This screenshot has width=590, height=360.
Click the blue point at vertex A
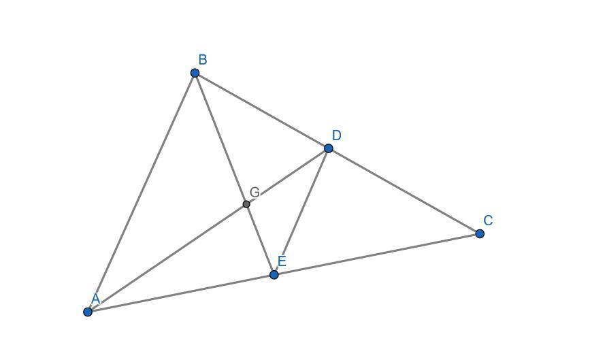click(x=88, y=312)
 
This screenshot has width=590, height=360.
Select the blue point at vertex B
click(x=195, y=73)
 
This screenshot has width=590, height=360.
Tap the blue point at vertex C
click(x=480, y=233)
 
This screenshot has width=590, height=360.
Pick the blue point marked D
click(x=329, y=148)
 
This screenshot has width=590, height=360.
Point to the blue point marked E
click(x=274, y=275)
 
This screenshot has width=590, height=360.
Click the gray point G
click(x=246, y=204)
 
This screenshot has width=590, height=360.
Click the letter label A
click(x=96, y=298)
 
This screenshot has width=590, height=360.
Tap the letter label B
click(x=203, y=60)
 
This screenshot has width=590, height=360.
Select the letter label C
click(x=488, y=220)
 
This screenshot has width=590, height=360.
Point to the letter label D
click(x=336, y=135)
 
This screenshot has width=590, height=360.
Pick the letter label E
click(x=282, y=261)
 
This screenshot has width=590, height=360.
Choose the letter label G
click(x=255, y=192)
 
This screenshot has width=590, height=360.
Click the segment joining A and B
click(x=142, y=192)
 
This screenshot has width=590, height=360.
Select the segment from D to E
click(x=301, y=212)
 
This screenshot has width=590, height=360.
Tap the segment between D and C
click(x=404, y=191)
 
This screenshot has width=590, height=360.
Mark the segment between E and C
click(x=377, y=255)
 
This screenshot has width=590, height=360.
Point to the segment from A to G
click(x=167, y=258)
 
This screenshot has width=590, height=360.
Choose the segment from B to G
click(x=220, y=138)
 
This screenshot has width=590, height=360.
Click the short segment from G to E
click(x=260, y=240)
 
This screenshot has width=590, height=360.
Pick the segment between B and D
click(x=262, y=110)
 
